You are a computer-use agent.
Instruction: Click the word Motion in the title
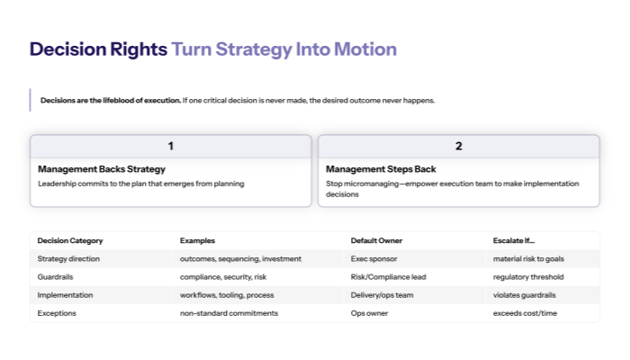pyautogui.click(x=364, y=49)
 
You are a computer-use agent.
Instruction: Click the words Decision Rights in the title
pyautogui.click(x=98, y=49)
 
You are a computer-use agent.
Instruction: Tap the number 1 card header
pyautogui.click(x=171, y=146)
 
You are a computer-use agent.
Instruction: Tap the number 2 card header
pyautogui.click(x=458, y=146)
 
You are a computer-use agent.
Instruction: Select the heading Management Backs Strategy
pyautogui.click(x=102, y=168)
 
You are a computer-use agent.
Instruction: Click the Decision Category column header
pyautogui.click(x=70, y=240)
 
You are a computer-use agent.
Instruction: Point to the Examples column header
pyautogui.click(x=198, y=240)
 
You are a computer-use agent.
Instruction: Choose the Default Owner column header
pyautogui.click(x=376, y=240)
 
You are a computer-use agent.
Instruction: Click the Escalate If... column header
pyautogui.click(x=515, y=240)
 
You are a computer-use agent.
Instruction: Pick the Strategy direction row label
pyautogui.click(x=69, y=258)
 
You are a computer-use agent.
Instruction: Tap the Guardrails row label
pyautogui.click(x=56, y=276)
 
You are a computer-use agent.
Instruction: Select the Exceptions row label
pyautogui.click(x=57, y=312)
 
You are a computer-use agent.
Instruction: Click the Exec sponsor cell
pyautogui.click(x=373, y=258)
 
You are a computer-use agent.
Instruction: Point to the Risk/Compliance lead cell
pyautogui.click(x=388, y=276)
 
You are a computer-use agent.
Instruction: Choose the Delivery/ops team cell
pyautogui.click(x=382, y=294)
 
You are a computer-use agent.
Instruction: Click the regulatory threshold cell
pyautogui.click(x=528, y=276)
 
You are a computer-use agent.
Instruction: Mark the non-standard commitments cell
pyautogui.click(x=229, y=312)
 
